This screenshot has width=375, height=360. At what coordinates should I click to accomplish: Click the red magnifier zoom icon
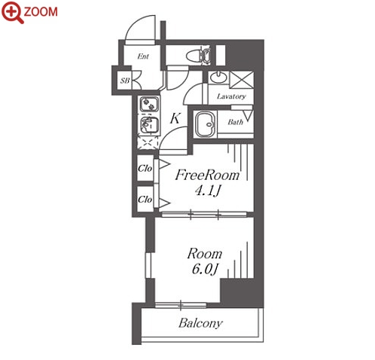[13, 13]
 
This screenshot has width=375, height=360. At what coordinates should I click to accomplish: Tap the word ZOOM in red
[41, 12]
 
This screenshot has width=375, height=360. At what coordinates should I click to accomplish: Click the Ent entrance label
[143, 56]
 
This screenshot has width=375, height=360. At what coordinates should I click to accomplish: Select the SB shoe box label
[125, 81]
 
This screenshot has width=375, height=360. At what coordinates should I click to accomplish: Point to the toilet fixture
[198, 55]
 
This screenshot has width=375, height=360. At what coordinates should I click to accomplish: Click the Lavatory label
[231, 96]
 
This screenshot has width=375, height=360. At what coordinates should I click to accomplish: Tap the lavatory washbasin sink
[219, 78]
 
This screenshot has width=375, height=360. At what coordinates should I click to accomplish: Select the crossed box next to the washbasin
[242, 80]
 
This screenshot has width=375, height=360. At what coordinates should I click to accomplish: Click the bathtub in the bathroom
[206, 124]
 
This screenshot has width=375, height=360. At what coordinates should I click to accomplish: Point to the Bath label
[236, 122]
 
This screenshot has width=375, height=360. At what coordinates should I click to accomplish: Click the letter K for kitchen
[175, 118]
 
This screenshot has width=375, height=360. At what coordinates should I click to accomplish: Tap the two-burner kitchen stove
[149, 104]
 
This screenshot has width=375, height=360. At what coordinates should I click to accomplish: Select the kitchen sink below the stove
[148, 125]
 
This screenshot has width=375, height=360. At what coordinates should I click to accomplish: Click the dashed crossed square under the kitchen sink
[148, 143]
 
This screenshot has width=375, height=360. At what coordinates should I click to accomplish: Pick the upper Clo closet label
[145, 168]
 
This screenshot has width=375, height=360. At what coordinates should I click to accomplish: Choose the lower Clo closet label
[145, 200]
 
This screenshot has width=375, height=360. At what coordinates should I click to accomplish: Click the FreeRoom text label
[207, 175]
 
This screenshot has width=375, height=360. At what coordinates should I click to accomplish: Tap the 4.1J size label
[207, 191]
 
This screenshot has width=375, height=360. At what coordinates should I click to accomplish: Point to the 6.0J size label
[205, 270]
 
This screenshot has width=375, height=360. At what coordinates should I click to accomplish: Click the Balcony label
[200, 323]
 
